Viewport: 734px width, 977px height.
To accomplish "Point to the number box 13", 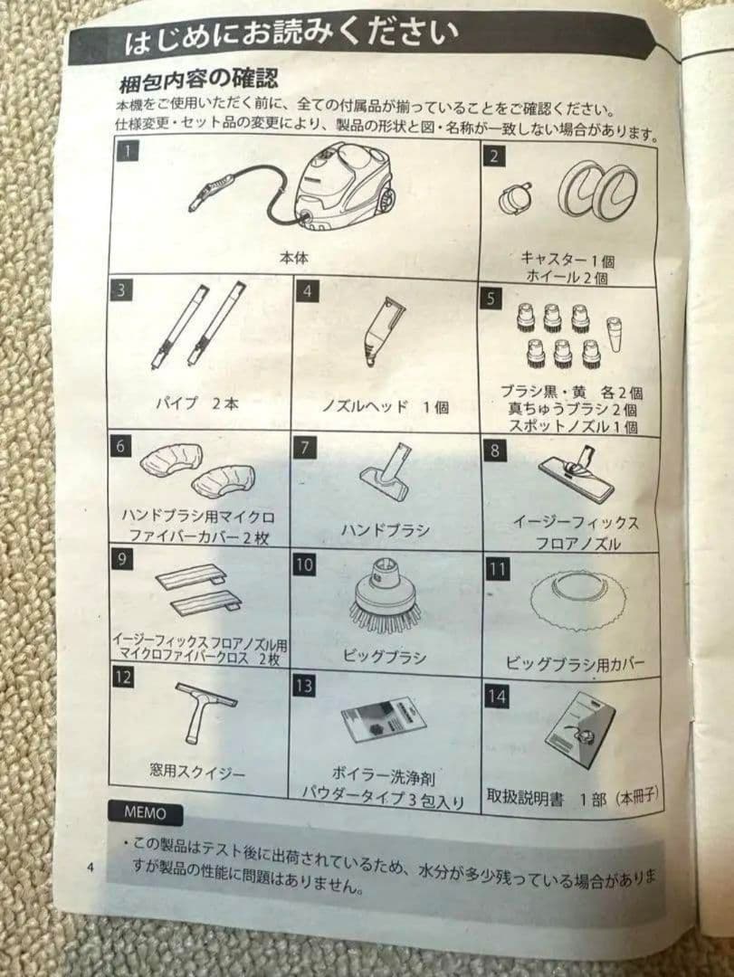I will [x=304, y=686].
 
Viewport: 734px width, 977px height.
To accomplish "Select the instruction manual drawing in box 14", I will [x=580, y=729].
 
